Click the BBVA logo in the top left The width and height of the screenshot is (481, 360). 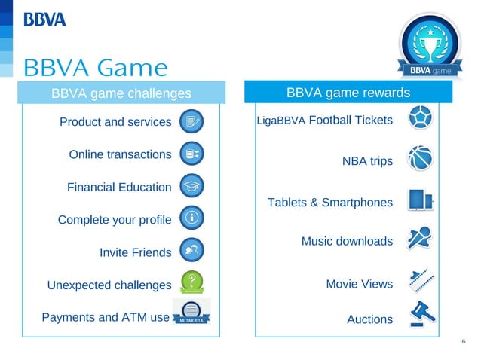coord(45,18)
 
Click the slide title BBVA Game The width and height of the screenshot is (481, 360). coord(96,68)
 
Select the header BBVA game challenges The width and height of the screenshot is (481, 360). coord(121,93)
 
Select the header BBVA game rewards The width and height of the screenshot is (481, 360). coord(348,93)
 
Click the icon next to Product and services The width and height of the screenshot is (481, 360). coord(191,121)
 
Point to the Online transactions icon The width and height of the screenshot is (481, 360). coord(191,153)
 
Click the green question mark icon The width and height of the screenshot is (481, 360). coord(192,282)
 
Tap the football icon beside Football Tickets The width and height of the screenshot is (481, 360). coord(419,120)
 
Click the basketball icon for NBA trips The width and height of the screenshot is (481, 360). coord(419,160)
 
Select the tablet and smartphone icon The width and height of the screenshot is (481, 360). coord(419,200)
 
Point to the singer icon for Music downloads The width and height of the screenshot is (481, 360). coord(419,239)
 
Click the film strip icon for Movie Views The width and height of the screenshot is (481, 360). coord(419,280)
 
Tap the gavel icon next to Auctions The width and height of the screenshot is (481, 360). coord(419,314)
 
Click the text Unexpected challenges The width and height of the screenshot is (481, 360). coord(109,285)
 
